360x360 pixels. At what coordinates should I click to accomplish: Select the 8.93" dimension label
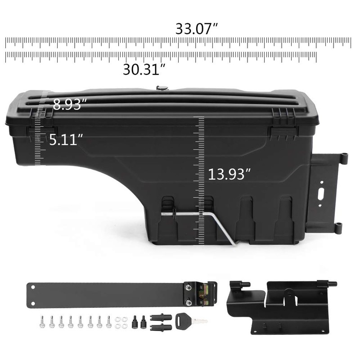point(70,105)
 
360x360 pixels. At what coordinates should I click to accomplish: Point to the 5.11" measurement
point(66,139)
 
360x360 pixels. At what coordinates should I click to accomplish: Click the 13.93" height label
point(229,174)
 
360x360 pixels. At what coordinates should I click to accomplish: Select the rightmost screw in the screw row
point(109,321)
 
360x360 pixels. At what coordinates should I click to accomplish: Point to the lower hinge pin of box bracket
point(338,229)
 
